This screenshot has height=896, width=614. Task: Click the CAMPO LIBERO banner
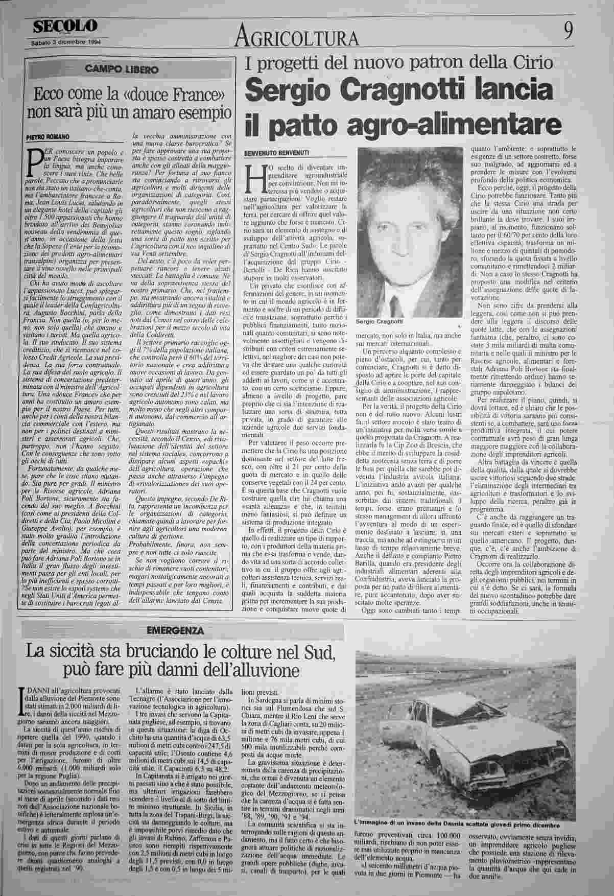click(x=130, y=68)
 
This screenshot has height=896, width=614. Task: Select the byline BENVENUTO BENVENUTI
click(x=276, y=153)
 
